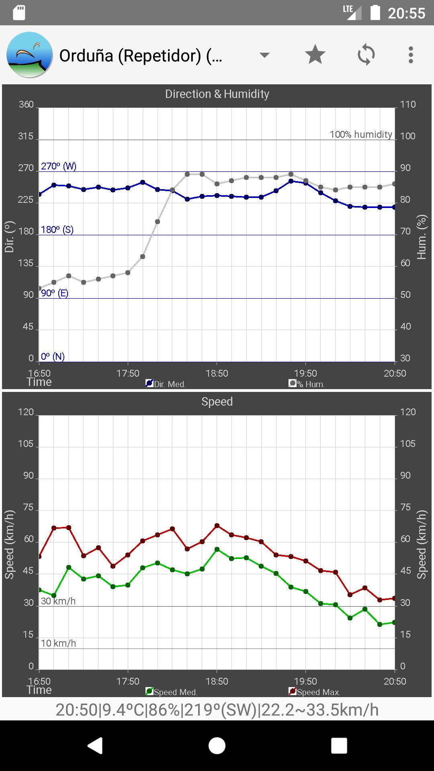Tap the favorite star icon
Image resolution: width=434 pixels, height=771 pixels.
pyautogui.click(x=315, y=55)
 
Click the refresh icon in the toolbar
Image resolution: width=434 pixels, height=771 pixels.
pyautogui.click(x=366, y=55)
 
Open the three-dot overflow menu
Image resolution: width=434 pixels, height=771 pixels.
pyautogui.click(x=410, y=55)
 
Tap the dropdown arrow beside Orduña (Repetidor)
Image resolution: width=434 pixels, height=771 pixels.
pyautogui.click(x=264, y=55)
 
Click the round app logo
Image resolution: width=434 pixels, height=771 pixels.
pyautogui.click(x=30, y=55)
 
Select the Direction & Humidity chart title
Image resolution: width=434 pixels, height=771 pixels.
pyautogui.click(x=217, y=94)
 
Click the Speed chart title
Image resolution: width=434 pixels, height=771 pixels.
pyautogui.click(x=217, y=402)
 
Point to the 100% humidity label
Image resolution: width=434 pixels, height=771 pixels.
pyautogui.click(x=360, y=135)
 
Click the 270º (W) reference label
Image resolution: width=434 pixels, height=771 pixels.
pyautogui.click(x=59, y=166)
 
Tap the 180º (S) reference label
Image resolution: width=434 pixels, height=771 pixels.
pyautogui.click(x=57, y=230)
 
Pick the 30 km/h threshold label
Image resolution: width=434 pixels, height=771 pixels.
pyautogui.click(x=58, y=601)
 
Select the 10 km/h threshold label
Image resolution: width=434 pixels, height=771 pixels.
pyautogui.click(x=58, y=643)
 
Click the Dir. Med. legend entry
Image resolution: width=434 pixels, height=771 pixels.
pyautogui.click(x=166, y=384)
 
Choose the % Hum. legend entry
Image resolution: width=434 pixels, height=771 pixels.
pyautogui.click(x=307, y=384)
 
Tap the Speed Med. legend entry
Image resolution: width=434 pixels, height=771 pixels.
pyautogui.click(x=172, y=692)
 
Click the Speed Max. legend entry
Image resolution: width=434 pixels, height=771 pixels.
pyautogui.click(x=315, y=692)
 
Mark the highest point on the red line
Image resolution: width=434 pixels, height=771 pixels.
pyautogui.click(x=217, y=526)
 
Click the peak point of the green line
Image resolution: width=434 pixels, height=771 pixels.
pyautogui.click(x=217, y=549)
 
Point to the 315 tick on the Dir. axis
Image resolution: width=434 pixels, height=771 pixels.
pyautogui.click(x=26, y=137)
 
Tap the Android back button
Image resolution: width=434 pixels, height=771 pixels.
pyautogui.click(x=95, y=746)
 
